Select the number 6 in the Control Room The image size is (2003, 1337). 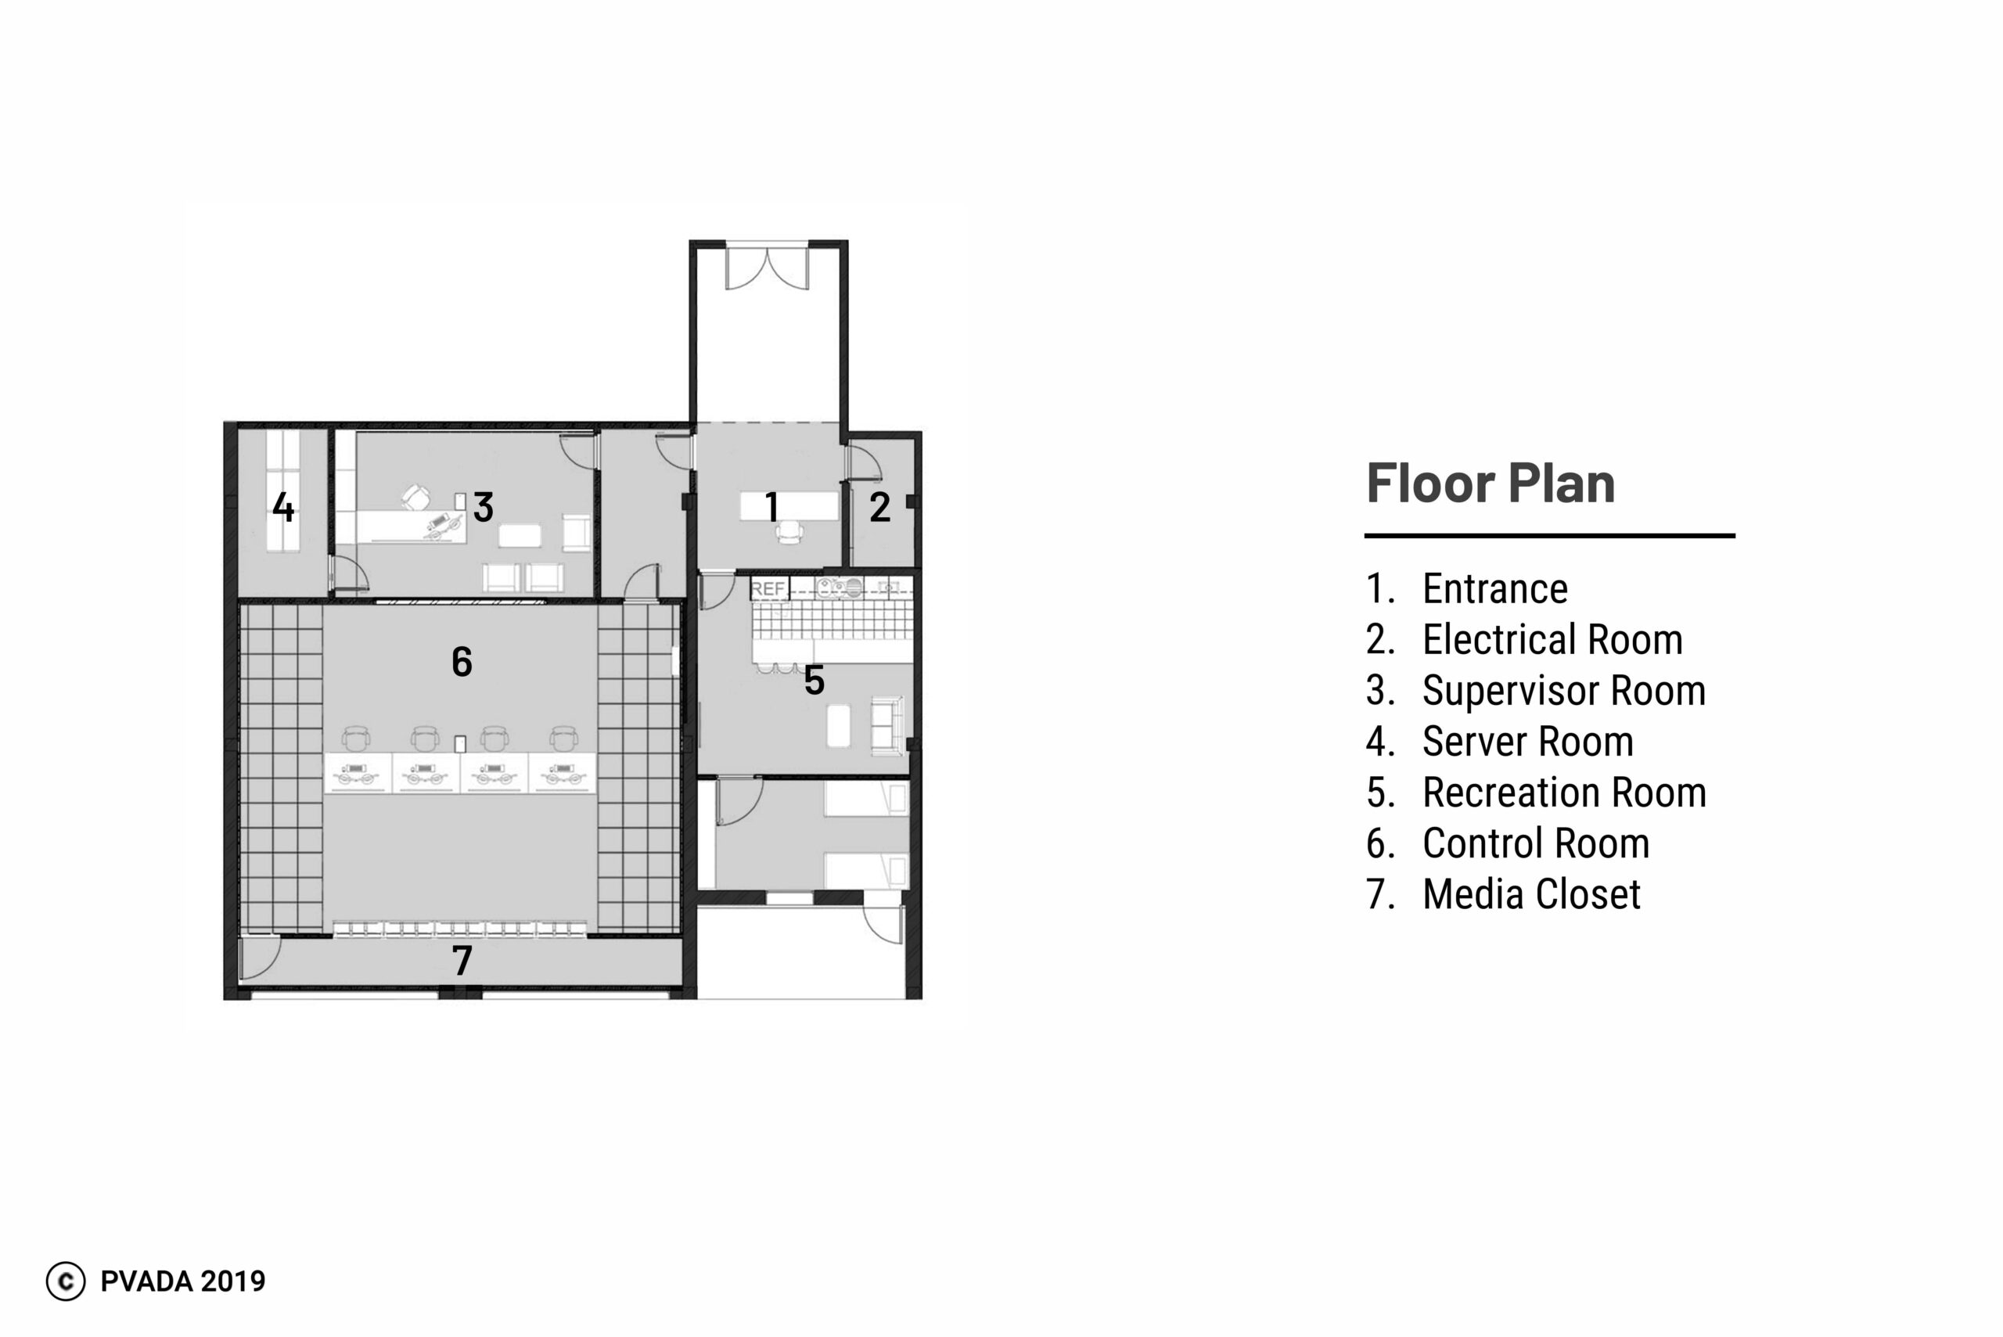pyautogui.click(x=462, y=662)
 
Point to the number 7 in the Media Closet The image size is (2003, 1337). pyautogui.click(x=462, y=961)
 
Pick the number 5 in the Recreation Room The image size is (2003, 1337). pyautogui.click(x=815, y=681)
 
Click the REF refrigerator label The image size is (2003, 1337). pyautogui.click(x=768, y=588)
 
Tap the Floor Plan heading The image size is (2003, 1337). pyautogui.click(x=1491, y=483)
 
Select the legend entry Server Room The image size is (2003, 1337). pyautogui.click(x=1528, y=742)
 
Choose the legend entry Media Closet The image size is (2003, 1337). pyautogui.click(x=1531, y=894)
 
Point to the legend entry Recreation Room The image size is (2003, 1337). pyautogui.click(x=1565, y=793)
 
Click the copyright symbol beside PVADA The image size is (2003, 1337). pyautogui.click(x=66, y=1281)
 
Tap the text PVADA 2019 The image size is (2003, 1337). pyautogui.click(x=183, y=1281)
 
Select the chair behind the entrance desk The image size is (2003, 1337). pyautogui.click(x=789, y=532)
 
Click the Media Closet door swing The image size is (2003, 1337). pyautogui.click(x=260, y=958)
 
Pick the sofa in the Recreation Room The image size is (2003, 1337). pyautogui.click(x=886, y=727)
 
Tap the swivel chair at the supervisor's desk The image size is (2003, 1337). pyautogui.click(x=416, y=497)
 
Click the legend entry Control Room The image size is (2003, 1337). pyautogui.click(x=1536, y=844)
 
